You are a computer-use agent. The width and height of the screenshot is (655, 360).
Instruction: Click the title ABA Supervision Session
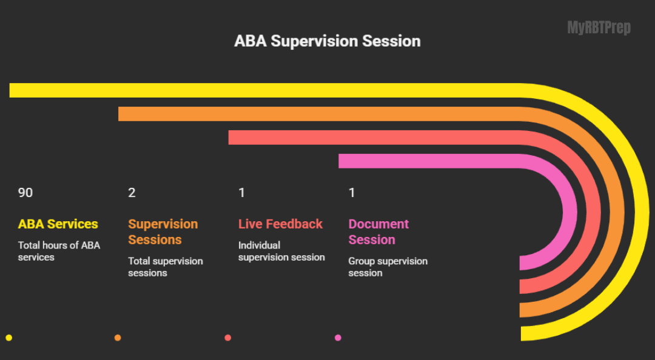(327, 41)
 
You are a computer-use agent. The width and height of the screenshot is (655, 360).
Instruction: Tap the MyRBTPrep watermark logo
(599, 28)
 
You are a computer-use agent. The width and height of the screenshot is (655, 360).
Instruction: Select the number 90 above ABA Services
(25, 193)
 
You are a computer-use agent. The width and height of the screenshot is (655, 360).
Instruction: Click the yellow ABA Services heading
(58, 224)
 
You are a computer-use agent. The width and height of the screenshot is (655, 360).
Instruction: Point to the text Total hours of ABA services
(59, 251)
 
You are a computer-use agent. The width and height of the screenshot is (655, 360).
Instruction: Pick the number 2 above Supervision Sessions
(132, 193)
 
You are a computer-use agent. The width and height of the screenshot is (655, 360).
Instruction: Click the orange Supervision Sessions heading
(163, 232)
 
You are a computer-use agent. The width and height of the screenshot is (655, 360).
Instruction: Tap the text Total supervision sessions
(165, 267)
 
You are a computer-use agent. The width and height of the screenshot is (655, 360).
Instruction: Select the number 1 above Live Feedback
(241, 193)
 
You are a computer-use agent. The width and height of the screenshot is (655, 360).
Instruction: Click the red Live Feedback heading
(280, 224)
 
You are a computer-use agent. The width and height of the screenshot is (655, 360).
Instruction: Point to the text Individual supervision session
(281, 251)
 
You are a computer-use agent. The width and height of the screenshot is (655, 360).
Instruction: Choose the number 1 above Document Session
(352, 193)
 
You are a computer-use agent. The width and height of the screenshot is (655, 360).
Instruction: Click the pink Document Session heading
(378, 232)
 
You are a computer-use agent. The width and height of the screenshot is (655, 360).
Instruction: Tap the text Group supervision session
(388, 267)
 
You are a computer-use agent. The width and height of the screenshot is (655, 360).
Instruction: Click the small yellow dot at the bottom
(8, 338)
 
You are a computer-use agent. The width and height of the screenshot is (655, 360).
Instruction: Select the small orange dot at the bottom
(118, 338)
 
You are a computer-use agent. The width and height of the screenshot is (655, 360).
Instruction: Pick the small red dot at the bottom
(228, 338)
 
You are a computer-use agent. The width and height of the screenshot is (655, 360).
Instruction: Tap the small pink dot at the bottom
(338, 338)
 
